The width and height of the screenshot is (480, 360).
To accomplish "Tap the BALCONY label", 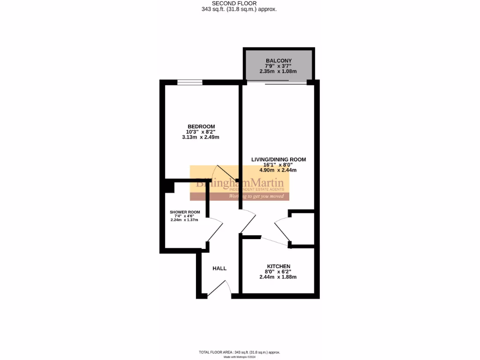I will [278, 60].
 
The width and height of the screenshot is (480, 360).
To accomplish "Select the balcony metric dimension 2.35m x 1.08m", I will [278, 72].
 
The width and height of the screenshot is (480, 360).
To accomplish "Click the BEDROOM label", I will [201, 127].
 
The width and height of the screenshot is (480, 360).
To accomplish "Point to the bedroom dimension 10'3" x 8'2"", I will [201, 132].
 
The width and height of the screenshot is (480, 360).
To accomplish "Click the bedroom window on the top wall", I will [190, 82].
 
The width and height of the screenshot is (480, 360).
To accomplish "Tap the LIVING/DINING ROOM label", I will [278, 159].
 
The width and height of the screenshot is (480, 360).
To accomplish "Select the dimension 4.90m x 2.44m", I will [278, 170].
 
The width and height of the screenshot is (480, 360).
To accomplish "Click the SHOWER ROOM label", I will [185, 212].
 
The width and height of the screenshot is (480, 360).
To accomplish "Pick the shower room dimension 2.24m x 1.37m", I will [185, 220].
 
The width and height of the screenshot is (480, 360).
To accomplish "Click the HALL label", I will [219, 269].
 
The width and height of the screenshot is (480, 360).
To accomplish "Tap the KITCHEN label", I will [278, 266].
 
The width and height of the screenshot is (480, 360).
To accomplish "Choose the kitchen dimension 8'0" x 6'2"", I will [278, 271].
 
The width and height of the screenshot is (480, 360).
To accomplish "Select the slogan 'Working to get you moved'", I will [256, 196].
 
